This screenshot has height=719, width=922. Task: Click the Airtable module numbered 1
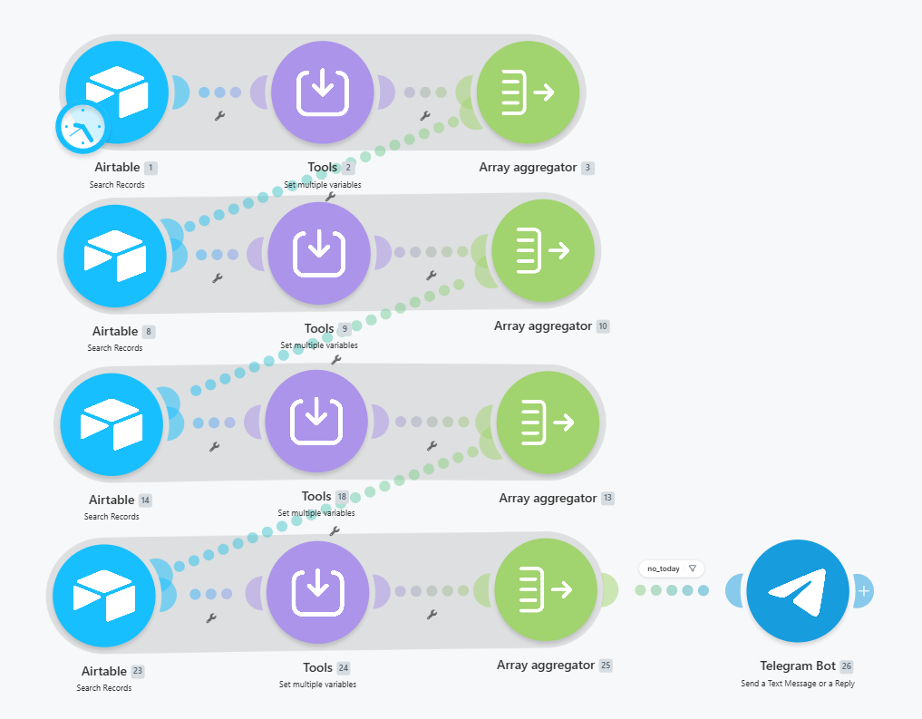pyautogui.click(x=117, y=92)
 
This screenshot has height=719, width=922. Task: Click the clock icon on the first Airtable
pyautogui.click(x=82, y=127)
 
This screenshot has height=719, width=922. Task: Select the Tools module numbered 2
pyautogui.click(x=322, y=92)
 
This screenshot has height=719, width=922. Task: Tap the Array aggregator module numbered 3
pyautogui.click(x=528, y=92)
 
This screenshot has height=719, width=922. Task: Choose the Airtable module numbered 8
pyautogui.click(x=114, y=257)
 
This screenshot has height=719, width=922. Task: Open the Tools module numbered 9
pyautogui.click(x=319, y=253)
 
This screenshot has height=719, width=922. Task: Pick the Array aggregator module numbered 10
pyautogui.click(x=543, y=251)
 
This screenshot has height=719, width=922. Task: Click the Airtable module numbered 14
pyautogui.click(x=112, y=424)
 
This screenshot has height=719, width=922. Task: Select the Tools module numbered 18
pyautogui.click(x=316, y=421)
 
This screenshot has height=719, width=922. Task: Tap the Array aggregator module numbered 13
pyautogui.click(x=548, y=423)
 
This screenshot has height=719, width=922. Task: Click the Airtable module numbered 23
pyautogui.click(x=104, y=596)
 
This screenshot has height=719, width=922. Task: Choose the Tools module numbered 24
pyautogui.click(x=317, y=592)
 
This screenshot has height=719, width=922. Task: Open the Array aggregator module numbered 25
pyautogui.click(x=546, y=589)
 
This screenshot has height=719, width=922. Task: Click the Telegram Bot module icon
pyautogui.click(x=798, y=591)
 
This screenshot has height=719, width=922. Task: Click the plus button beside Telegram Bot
pyautogui.click(x=863, y=591)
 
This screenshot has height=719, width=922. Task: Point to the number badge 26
pyautogui.click(x=846, y=666)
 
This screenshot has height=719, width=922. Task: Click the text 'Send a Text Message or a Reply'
pyautogui.click(x=798, y=683)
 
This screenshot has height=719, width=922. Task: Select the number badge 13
pyautogui.click(x=607, y=498)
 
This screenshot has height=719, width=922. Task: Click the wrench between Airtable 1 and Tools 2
pyautogui.click(x=220, y=116)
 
